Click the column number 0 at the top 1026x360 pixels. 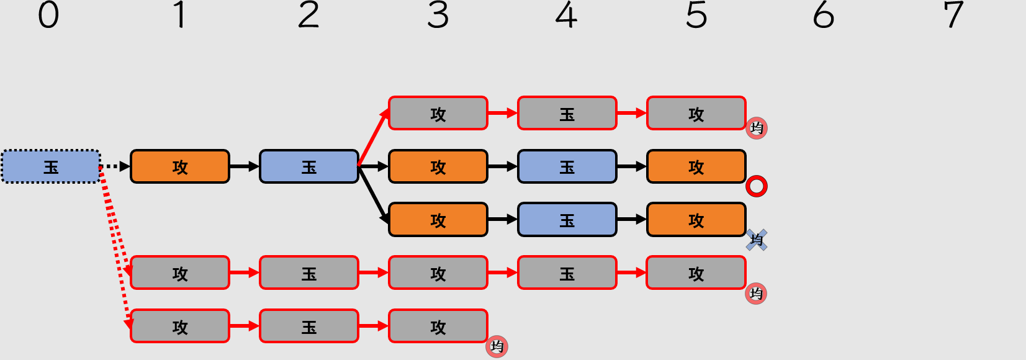[48, 15]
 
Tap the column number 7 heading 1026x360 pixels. [953, 15]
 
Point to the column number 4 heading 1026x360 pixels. [566, 15]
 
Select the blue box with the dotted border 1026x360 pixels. [51, 166]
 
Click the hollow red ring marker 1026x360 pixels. [756, 186]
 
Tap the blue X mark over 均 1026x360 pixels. [756, 240]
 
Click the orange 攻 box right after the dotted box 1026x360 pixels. [180, 166]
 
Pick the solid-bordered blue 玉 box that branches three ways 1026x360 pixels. [309, 166]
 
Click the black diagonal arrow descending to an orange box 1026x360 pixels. [374, 194]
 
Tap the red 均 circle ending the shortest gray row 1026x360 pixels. [497, 346]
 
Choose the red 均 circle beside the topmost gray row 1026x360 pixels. [756, 128]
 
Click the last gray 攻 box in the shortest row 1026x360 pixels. [438, 326]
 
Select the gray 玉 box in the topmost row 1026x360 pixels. [567, 113]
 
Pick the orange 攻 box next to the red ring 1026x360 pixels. [696, 166]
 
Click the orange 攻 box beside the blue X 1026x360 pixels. [696, 220]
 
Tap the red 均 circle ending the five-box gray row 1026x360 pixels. [756, 293]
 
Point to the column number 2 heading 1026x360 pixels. [308, 15]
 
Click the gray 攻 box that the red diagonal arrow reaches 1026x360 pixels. [438, 113]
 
